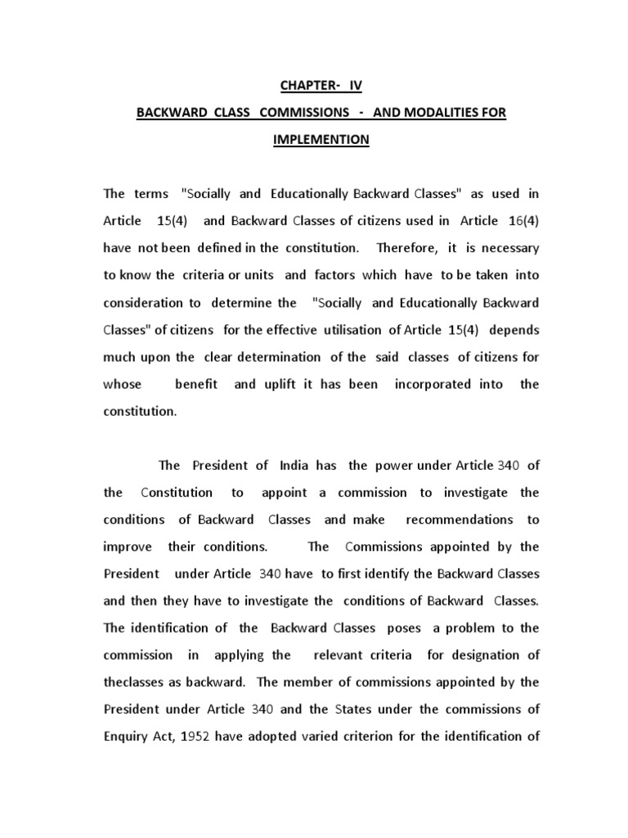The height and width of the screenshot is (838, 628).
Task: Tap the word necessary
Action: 508,247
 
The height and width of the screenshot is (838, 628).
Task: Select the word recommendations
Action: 460,520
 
